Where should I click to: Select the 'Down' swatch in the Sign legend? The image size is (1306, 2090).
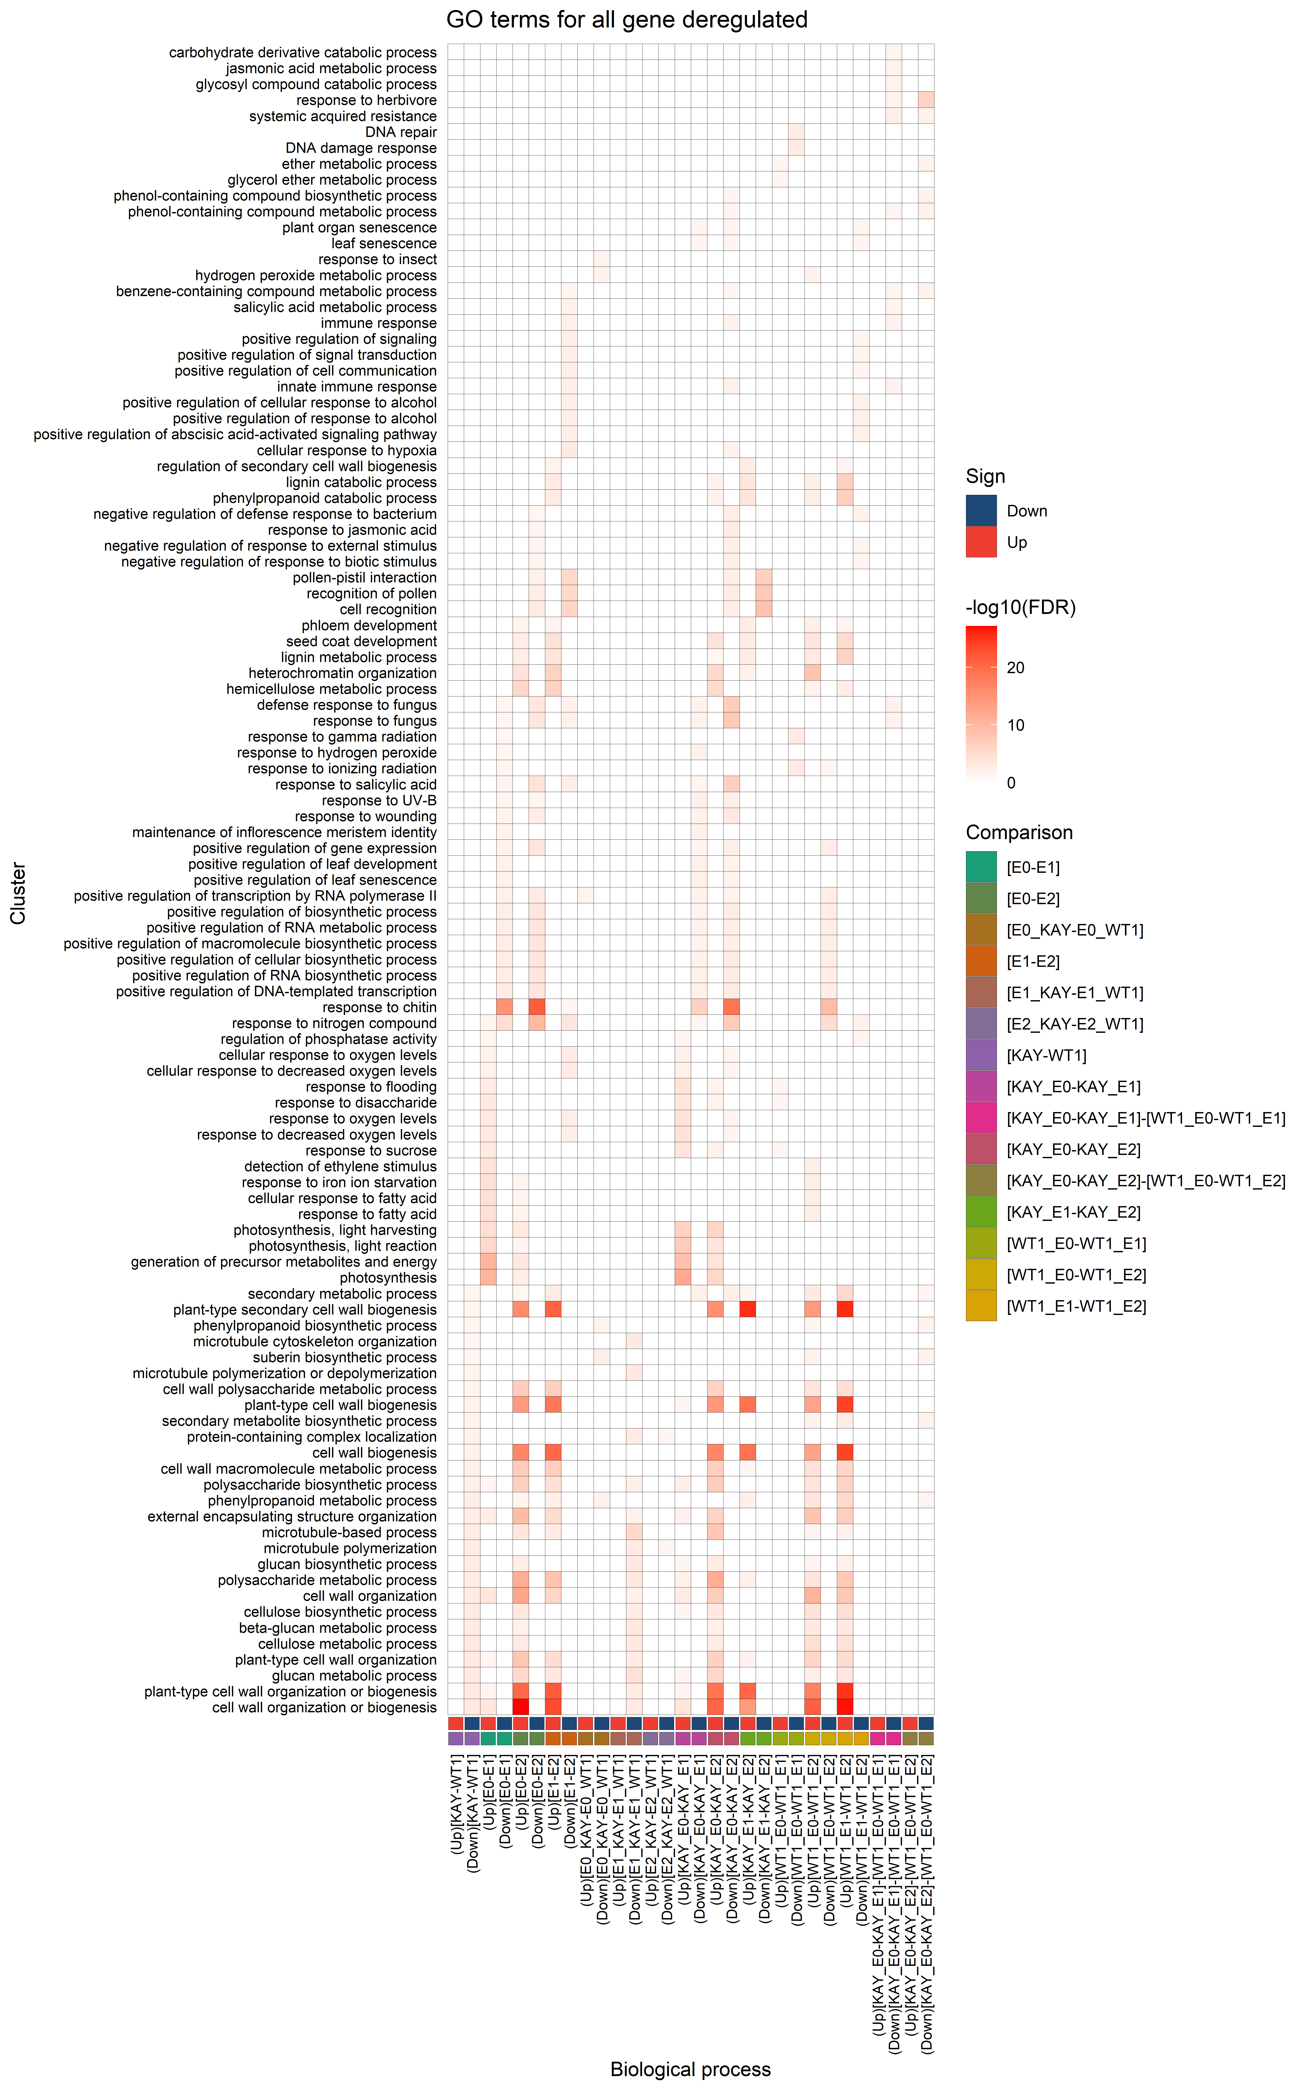pyautogui.click(x=981, y=510)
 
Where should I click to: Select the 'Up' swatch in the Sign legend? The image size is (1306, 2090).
pyautogui.click(x=981, y=542)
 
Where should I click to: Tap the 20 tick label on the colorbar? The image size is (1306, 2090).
pyautogui.click(x=1016, y=667)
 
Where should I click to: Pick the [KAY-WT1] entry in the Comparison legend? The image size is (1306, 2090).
pyautogui.click(x=1046, y=1055)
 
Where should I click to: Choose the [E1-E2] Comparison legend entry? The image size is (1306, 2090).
pyautogui.click(x=1033, y=961)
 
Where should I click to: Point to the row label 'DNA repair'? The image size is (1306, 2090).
pyautogui.click(x=401, y=132)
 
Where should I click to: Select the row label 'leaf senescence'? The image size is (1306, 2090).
pyautogui.click(x=384, y=244)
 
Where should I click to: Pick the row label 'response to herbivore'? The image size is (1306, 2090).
pyautogui.click(x=366, y=100)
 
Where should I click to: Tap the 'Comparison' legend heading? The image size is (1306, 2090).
pyautogui.click(x=1019, y=833)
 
